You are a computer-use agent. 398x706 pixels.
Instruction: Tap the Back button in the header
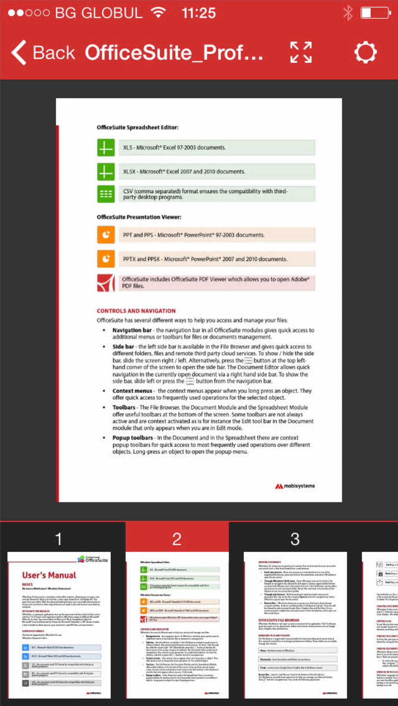point(43,53)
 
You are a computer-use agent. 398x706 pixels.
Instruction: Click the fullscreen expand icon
point(301,52)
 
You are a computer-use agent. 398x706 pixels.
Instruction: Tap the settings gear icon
point(365,52)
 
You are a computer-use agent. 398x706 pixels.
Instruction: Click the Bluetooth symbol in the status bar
point(348,13)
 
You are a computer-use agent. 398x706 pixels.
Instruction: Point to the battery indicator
point(375,13)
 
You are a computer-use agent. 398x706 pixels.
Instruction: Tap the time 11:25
point(199,13)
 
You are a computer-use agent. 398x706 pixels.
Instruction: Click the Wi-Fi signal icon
point(158,12)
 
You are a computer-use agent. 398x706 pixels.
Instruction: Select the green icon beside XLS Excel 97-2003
point(106,148)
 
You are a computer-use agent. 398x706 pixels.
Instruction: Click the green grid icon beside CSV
point(106,194)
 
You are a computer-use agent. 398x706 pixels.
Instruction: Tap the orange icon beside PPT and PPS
point(106,235)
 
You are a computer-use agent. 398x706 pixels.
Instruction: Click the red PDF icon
point(106,283)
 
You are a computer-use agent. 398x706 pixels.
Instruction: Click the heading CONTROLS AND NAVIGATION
point(136,311)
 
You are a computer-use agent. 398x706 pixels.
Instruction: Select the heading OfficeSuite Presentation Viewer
point(139,217)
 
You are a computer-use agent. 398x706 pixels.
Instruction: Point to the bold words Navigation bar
point(132,330)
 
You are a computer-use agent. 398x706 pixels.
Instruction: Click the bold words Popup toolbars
point(133,438)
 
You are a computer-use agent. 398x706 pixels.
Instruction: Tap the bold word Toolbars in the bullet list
point(124,407)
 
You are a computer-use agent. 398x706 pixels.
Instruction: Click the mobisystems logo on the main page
point(295,486)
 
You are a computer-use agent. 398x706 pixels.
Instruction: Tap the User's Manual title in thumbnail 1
point(49,575)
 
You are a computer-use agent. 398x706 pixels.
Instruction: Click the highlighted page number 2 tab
point(177,539)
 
